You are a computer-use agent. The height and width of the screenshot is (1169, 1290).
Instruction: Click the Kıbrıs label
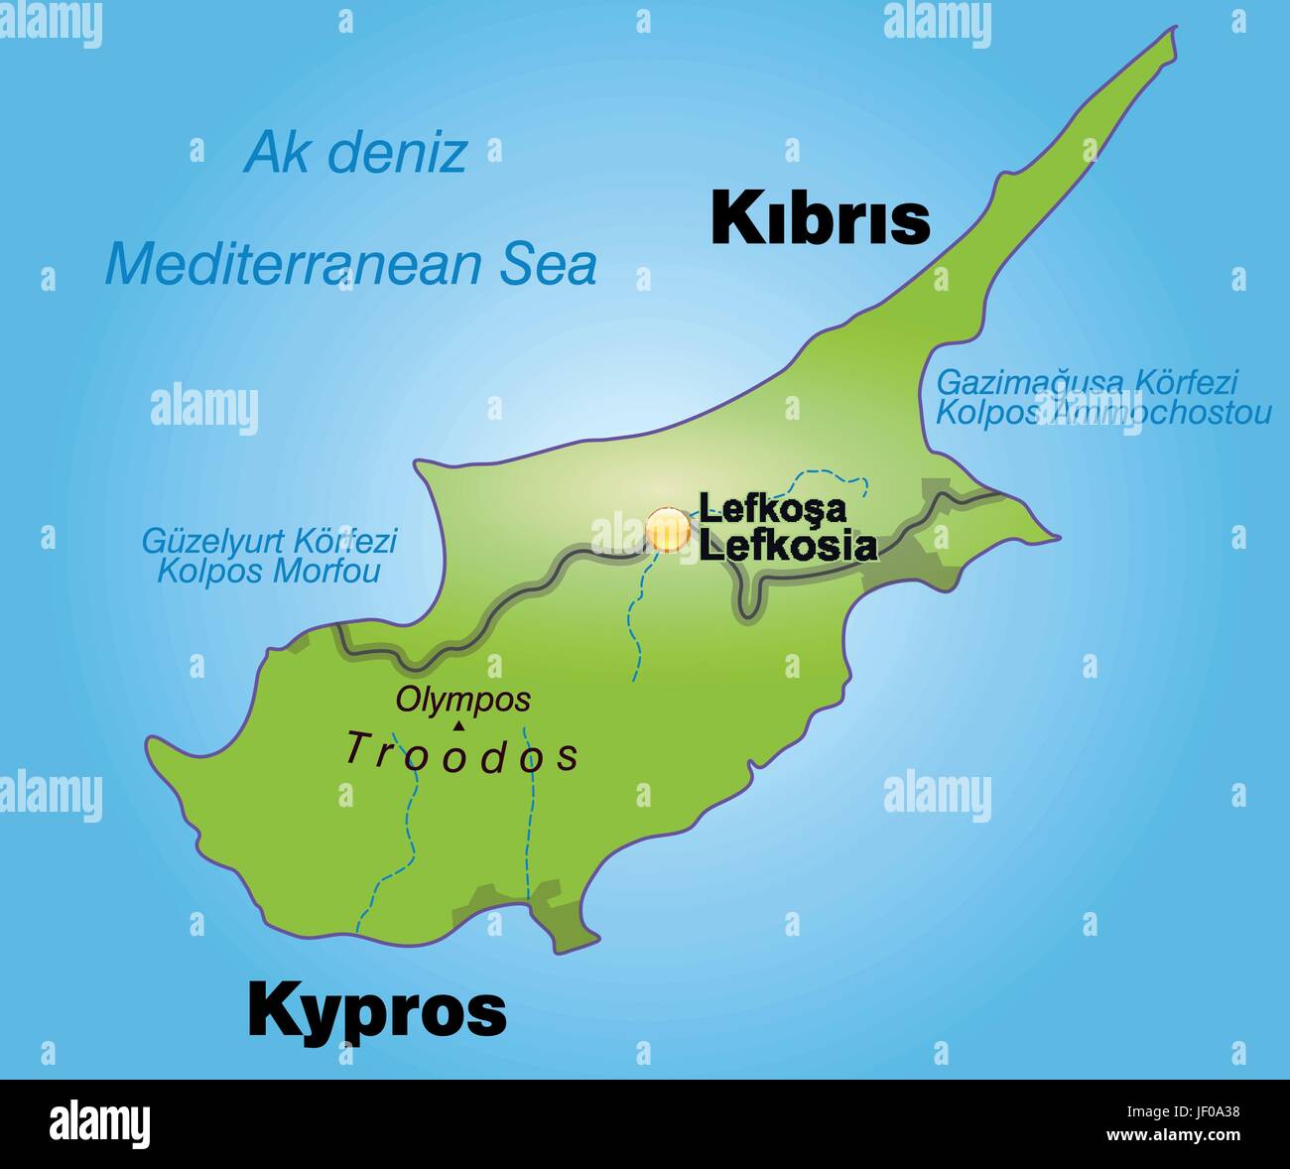pos(821,217)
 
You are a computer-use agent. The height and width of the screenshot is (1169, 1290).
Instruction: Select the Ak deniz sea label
pos(355,153)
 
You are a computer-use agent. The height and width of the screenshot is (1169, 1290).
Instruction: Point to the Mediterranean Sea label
pos(350,264)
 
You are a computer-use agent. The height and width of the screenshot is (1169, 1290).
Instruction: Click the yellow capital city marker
pos(668,530)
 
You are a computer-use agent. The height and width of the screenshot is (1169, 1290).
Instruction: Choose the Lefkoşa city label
pos(773,508)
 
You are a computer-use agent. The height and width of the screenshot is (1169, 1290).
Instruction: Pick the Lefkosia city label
pos(788,545)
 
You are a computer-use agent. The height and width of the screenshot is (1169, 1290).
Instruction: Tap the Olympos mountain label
pos(463,700)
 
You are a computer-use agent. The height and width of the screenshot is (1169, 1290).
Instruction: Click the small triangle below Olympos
pos(457,725)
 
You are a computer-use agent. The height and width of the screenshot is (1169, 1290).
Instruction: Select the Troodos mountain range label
pos(462,754)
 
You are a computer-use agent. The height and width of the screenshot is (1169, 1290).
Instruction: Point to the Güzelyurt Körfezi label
pos(269,541)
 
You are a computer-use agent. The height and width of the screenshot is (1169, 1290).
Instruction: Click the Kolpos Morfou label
pos(269,572)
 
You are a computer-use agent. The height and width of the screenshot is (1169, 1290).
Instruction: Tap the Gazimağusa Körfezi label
pos(1088,381)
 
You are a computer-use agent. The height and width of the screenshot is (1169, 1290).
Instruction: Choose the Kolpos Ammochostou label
pos(1103,412)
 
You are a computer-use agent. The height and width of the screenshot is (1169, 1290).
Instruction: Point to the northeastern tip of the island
pos(1174,33)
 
